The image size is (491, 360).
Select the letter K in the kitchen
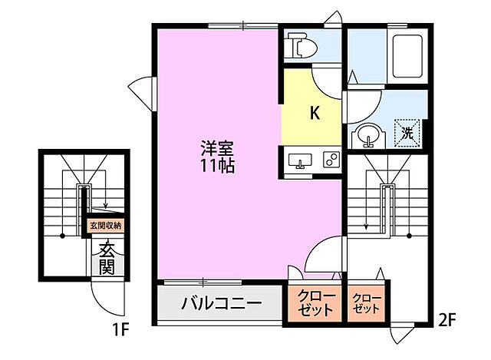(314, 112)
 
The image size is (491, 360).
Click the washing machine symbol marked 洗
(407, 132)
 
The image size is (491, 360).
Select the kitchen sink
(300, 160)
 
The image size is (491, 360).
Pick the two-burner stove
(331, 160)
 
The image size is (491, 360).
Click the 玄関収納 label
(105, 226)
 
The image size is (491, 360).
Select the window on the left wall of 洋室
(142, 92)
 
